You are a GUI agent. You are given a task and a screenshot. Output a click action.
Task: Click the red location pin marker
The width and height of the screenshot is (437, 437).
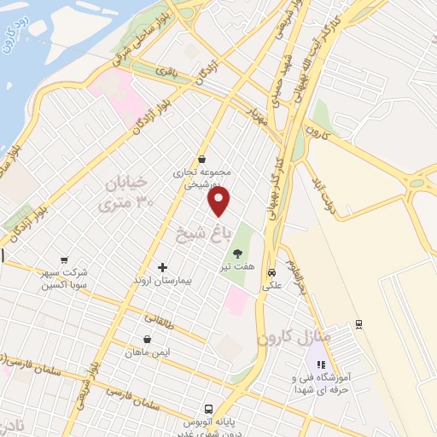(x=219, y=201)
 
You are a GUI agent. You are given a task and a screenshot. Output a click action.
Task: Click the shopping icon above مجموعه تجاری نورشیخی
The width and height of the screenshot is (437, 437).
(x=201, y=159)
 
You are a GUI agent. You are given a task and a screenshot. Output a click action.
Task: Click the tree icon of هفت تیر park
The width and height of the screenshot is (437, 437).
(x=237, y=253)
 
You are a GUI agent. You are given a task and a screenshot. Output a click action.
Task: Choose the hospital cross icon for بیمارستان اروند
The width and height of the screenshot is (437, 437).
(x=162, y=267)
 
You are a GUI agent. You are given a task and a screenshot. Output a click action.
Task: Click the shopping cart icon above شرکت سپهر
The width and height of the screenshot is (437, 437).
(x=64, y=260)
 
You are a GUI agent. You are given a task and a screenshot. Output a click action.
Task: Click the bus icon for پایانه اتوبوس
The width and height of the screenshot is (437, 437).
(x=207, y=409)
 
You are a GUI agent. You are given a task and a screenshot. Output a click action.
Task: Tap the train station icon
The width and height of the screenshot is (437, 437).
(x=359, y=323)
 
